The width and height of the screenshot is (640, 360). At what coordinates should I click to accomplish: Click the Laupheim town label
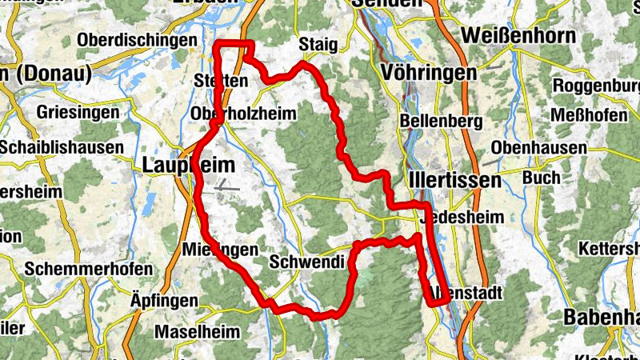tap(189, 166)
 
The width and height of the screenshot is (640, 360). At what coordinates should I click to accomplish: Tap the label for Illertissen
tap(454, 180)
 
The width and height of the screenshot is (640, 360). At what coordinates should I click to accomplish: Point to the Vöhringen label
tap(430, 73)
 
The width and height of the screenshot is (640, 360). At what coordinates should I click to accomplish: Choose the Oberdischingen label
tap(137, 40)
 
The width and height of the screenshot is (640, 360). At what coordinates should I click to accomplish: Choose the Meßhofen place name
tap(590, 115)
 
